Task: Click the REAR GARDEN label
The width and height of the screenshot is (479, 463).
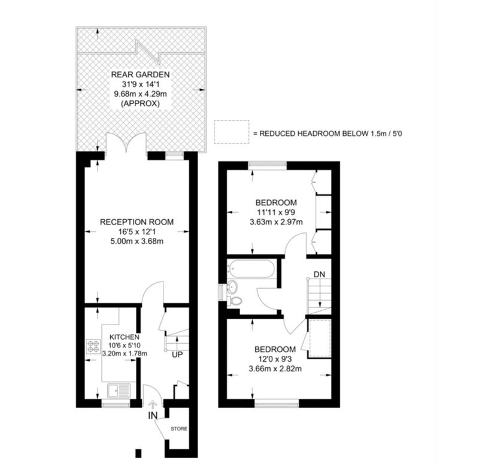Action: [140, 74]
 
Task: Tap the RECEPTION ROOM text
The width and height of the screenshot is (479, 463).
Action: [137, 222]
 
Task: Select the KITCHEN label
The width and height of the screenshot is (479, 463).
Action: [125, 337]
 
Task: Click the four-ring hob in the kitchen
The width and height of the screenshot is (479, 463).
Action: [93, 346]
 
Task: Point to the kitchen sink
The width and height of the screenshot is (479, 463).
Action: [119, 391]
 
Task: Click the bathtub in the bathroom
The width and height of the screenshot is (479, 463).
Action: [251, 268]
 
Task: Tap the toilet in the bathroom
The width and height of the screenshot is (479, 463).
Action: [235, 301]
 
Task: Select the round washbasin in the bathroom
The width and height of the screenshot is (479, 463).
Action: [234, 286]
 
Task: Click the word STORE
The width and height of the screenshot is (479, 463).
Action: [179, 429]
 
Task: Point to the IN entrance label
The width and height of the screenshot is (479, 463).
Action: [153, 416]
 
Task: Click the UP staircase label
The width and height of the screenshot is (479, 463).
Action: [177, 355]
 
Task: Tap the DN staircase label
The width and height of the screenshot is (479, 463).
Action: [320, 274]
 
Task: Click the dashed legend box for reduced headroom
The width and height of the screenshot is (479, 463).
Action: [232, 132]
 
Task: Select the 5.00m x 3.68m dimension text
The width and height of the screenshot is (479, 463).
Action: [137, 241]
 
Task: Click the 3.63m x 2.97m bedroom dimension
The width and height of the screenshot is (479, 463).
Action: [276, 222]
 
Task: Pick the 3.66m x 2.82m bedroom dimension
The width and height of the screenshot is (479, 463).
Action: [275, 369]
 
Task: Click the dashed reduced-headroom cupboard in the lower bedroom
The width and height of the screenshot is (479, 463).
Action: [320, 338]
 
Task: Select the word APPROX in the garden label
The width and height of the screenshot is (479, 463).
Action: [140, 104]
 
